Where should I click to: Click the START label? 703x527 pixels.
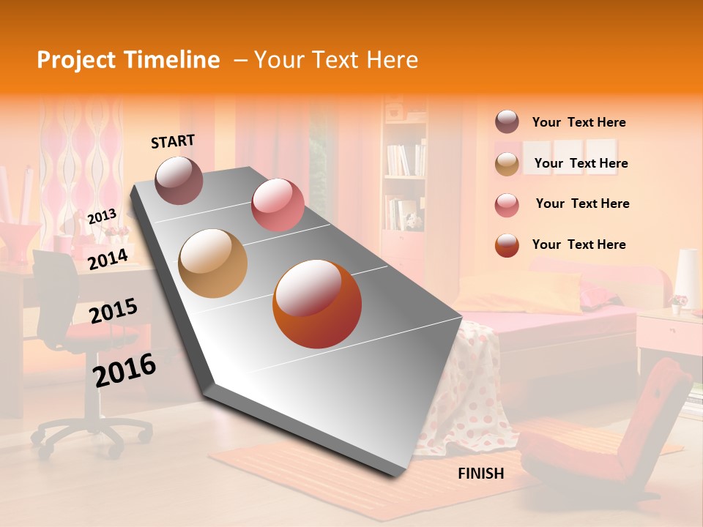pos(173,141)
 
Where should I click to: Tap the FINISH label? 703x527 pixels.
pos(480,474)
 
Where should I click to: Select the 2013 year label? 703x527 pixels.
pos(102,217)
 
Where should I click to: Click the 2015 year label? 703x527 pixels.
pos(113,311)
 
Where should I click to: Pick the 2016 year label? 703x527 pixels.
pos(124,370)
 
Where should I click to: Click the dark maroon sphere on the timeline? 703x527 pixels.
pos(179,180)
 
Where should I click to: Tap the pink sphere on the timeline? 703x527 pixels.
pos(278,205)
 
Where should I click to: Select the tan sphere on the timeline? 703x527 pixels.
pos(213,263)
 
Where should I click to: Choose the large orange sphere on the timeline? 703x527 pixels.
pos(317,304)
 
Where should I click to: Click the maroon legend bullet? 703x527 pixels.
pos(507,122)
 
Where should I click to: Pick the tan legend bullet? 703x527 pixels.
pos(507,164)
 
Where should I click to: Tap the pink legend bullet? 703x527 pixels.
pos(507,204)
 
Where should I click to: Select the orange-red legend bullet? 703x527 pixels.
pos(507,245)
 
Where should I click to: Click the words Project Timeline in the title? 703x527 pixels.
pos(128,60)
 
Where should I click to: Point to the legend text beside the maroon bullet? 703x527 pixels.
pos(579,122)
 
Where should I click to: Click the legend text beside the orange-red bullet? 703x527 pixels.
pos(579,244)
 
